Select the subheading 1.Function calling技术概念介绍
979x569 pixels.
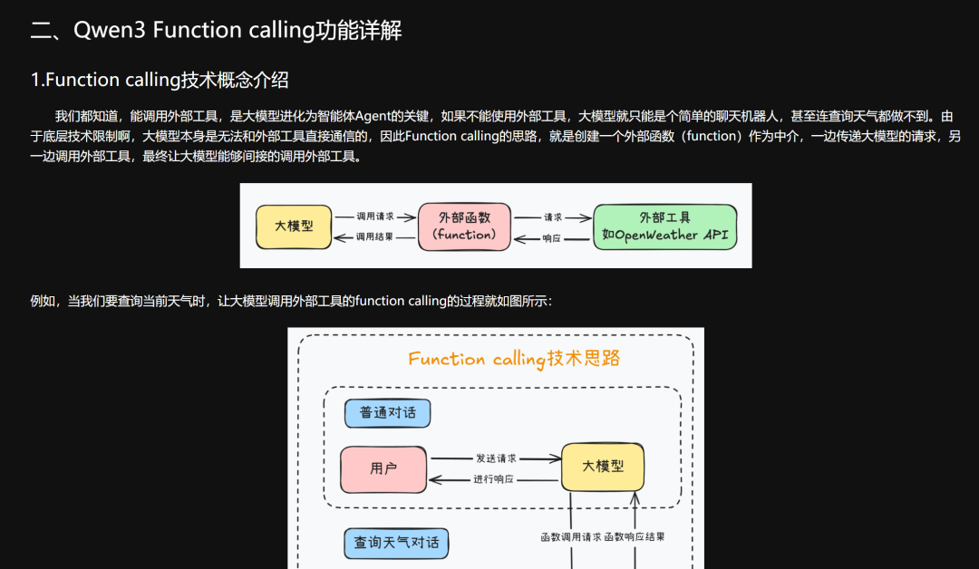[160, 80]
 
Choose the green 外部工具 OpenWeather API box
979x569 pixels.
[664, 227]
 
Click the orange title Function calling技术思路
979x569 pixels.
[514, 359]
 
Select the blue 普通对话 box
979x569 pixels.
[387, 413]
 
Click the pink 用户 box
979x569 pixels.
[383, 468]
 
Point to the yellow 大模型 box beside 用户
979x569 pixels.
[602, 467]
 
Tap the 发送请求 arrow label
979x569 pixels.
[495, 458]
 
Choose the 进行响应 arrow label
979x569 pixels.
[494, 478]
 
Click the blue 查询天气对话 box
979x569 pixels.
[396, 543]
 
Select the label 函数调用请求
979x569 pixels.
[571, 536]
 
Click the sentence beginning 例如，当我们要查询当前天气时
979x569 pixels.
[290, 301]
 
